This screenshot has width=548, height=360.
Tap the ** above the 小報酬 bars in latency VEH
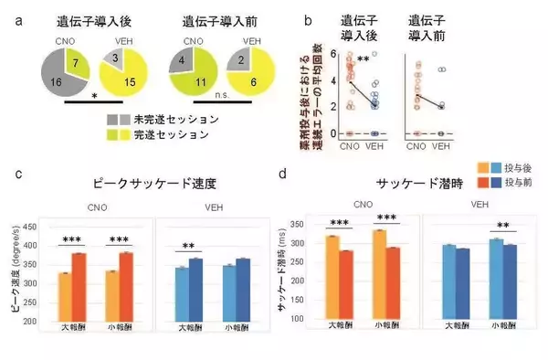click(x=502, y=226)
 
